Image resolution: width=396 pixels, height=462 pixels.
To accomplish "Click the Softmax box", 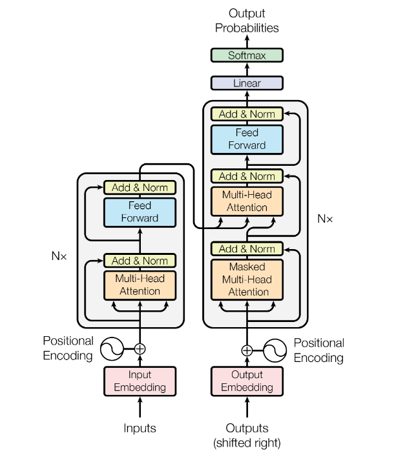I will click(x=247, y=55).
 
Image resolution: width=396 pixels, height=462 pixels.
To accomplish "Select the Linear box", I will click(x=247, y=83).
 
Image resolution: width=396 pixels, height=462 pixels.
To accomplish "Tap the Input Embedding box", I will click(x=140, y=381).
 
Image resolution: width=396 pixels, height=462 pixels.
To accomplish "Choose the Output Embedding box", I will click(x=247, y=381).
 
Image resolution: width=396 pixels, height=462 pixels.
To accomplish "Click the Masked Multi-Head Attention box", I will click(x=247, y=279).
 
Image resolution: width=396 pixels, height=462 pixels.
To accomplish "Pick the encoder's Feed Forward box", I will click(x=140, y=212).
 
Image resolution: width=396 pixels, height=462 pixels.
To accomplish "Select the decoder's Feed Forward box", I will click(x=247, y=139).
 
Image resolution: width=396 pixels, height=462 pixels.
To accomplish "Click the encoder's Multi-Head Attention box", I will click(x=140, y=285).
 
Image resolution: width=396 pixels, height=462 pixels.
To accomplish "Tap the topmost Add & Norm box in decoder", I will click(x=247, y=114).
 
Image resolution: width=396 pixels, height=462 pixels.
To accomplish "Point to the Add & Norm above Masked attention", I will click(x=247, y=249).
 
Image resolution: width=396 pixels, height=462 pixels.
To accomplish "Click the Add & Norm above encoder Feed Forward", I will click(x=140, y=188).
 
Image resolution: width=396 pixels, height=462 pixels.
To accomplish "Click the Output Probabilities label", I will click(x=247, y=21).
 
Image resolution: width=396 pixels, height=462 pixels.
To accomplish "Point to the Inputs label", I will click(x=140, y=428).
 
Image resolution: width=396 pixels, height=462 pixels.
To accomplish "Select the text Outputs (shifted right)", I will click(x=247, y=435).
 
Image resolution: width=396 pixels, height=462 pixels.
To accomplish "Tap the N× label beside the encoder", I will click(x=59, y=256).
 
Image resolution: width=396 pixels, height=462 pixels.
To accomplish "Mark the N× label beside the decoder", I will click(x=326, y=219).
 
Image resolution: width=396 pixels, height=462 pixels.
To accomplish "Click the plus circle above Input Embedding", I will click(x=140, y=348).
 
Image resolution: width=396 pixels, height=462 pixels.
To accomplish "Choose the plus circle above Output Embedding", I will click(x=247, y=350).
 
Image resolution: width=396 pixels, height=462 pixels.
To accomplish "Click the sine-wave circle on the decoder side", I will click(x=275, y=350).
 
